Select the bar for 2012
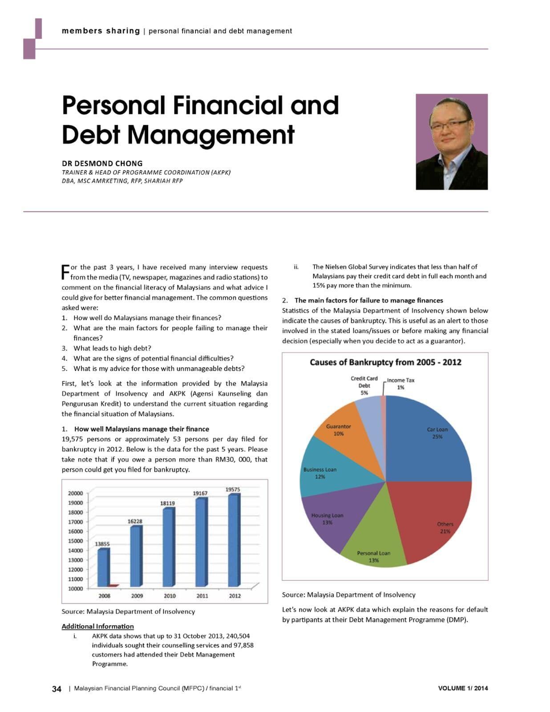(234, 540)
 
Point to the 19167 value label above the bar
(200, 493)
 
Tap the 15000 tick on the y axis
(75, 541)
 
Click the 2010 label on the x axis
(170, 595)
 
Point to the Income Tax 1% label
(400, 384)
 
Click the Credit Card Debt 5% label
(364, 385)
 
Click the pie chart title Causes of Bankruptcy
(385, 362)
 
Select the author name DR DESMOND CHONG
(102, 163)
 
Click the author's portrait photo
(451, 142)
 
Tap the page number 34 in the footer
(57, 689)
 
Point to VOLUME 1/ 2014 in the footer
(463, 688)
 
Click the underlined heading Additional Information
(97, 626)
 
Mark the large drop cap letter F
(65, 272)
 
